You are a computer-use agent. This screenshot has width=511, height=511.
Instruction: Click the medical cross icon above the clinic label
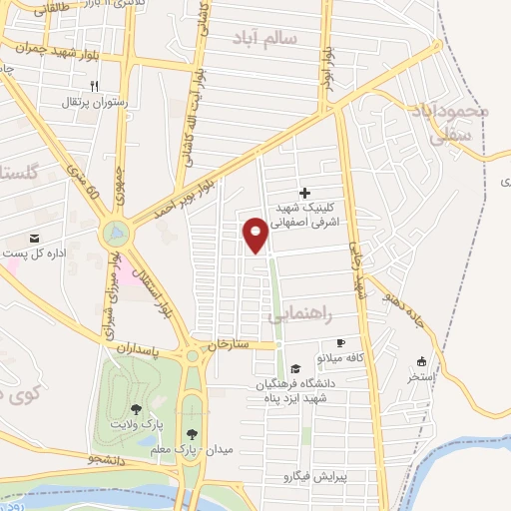pyautogui.click(x=304, y=193)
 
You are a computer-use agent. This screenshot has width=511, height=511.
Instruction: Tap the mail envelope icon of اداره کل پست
pyautogui.click(x=36, y=239)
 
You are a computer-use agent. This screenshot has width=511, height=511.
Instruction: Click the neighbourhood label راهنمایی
pyautogui.click(x=296, y=313)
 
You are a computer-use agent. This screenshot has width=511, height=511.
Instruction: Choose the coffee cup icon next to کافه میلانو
pyautogui.click(x=340, y=342)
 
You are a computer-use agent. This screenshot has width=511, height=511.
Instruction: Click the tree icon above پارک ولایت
pyautogui.click(x=136, y=409)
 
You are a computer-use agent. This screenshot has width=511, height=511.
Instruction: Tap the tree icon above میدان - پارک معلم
pyautogui.click(x=192, y=433)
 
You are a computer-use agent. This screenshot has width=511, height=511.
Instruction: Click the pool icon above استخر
pyautogui.click(x=421, y=362)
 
